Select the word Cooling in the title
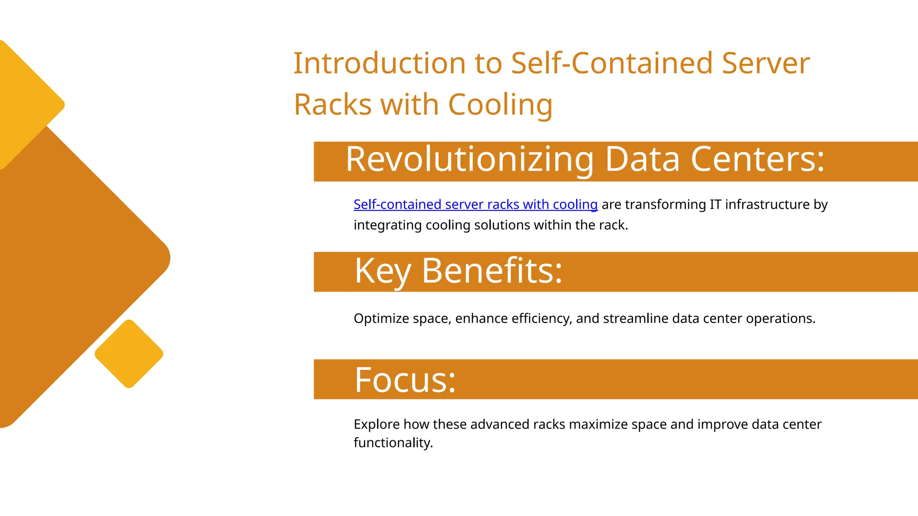(500, 105)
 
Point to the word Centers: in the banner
(758, 159)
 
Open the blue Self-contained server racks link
(475, 204)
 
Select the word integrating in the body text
(388, 225)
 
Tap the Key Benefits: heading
(458, 271)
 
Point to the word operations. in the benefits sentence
(780, 318)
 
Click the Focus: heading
(405, 380)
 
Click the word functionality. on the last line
(393, 443)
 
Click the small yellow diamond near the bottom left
(129, 354)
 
